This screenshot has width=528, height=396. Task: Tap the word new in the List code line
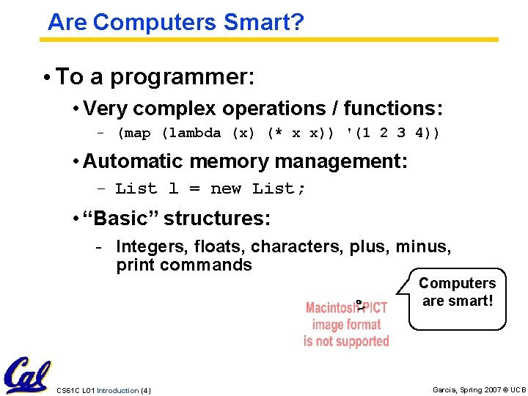pos(226,188)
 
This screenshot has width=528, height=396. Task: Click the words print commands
pos(183,265)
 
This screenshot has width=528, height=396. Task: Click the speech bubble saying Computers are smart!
pos(457,292)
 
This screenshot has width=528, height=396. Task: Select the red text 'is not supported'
pos(346,341)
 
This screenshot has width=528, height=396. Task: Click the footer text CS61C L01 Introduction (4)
pos(103,390)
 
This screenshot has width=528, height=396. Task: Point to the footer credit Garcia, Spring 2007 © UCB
pos(479,390)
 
